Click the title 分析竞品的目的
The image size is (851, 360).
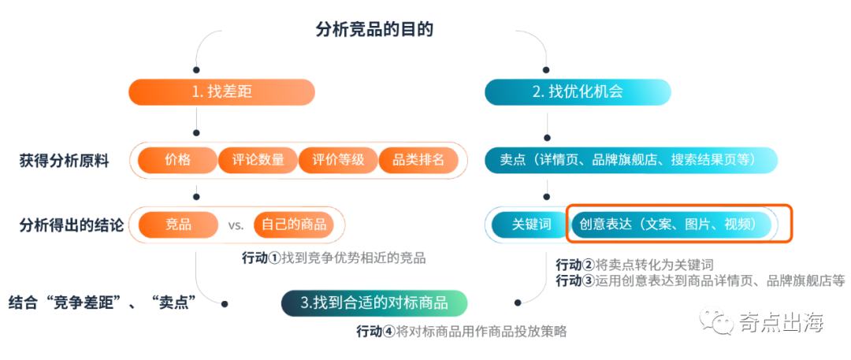coord(374,31)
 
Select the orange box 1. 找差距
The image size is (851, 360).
coord(221,91)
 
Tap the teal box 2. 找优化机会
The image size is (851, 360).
coord(578,91)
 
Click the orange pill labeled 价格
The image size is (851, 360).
coord(177,160)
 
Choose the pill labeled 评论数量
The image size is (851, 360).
coord(258,160)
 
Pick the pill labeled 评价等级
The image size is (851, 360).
coord(338,160)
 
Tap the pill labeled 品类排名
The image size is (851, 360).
coord(418,160)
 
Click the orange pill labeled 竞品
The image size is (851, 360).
coord(178,225)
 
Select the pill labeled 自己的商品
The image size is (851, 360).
coord(294,225)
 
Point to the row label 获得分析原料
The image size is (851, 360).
coord(65,161)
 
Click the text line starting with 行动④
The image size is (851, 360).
coord(461,332)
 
